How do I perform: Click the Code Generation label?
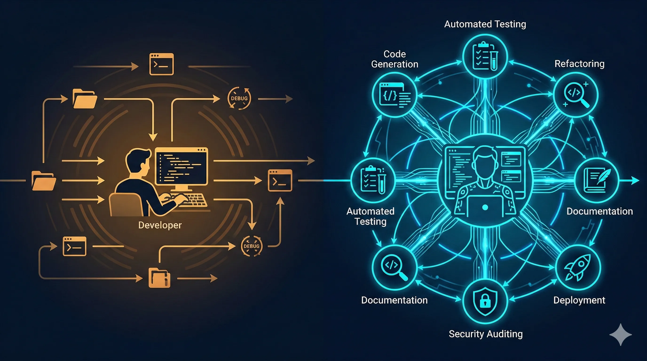[395, 59]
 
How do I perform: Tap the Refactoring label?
[580, 64]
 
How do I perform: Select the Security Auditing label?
[486, 334]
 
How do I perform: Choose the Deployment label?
[579, 300]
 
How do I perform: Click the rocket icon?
[577, 267]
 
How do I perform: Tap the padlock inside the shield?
[485, 301]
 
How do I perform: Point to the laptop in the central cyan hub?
[485, 206]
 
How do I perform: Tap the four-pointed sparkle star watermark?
[620, 335]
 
